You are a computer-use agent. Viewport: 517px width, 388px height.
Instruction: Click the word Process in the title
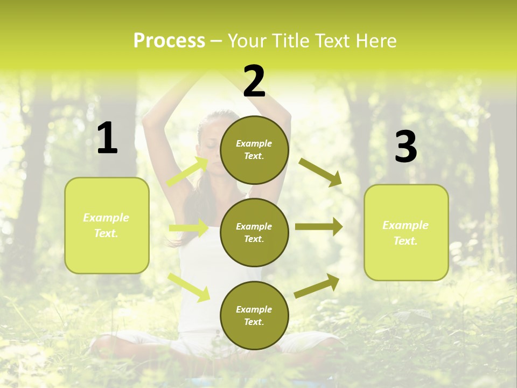pyautogui.click(x=169, y=41)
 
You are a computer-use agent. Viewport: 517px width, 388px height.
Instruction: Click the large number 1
pyautogui.click(x=107, y=138)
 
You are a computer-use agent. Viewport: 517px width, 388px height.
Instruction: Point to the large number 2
pyautogui.click(x=254, y=81)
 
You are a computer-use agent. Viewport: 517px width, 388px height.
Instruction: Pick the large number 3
pyautogui.click(x=406, y=147)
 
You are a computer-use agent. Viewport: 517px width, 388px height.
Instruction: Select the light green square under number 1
pyautogui.click(x=107, y=225)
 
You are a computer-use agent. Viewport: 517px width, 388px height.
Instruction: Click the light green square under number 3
pyautogui.click(x=406, y=233)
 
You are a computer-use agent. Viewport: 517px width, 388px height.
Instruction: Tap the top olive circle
pyautogui.click(x=254, y=150)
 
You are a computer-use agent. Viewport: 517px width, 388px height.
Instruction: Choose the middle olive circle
pyautogui.click(x=254, y=233)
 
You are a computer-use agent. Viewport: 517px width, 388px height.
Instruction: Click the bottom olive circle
pyautogui.click(x=254, y=316)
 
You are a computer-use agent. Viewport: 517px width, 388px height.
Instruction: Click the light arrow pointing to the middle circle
pyautogui.click(x=188, y=228)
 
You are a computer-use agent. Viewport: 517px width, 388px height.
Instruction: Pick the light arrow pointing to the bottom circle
pyautogui.click(x=189, y=287)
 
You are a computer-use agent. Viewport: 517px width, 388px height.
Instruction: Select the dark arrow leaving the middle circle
pyautogui.click(x=319, y=227)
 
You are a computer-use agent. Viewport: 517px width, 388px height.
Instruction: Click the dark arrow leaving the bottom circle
pyautogui.click(x=317, y=286)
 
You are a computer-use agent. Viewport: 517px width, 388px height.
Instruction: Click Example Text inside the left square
pyautogui.click(x=106, y=225)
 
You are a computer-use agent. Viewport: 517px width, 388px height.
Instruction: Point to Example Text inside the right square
pyautogui.click(x=406, y=233)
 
